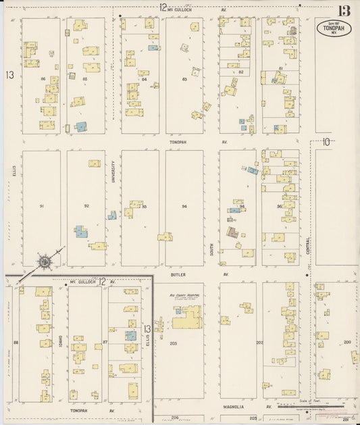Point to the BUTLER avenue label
point(178,276)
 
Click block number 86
point(43,79)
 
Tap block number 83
point(184,80)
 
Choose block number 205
point(173,343)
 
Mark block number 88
point(16,343)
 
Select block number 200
point(347,343)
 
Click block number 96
point(278,206)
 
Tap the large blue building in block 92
point(82,232)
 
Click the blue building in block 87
point(131,336)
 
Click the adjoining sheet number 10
point(326,142)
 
